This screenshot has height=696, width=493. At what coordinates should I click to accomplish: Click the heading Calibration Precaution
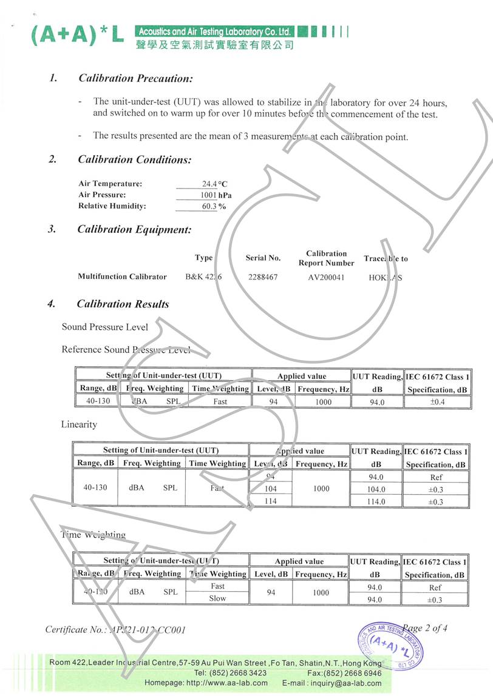[x=135, y=78]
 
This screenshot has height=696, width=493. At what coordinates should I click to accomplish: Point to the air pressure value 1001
[x=208, y=195]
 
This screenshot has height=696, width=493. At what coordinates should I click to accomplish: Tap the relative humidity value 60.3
[x=208, y=206]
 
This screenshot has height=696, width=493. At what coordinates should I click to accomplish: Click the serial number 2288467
[x=263, y=277]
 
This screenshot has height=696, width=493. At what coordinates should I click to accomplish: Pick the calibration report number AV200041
[x=326, y=277]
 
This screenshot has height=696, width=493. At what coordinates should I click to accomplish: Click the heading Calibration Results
[x=123, y=304]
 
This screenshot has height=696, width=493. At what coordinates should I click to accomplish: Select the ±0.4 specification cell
[x=436, y=402]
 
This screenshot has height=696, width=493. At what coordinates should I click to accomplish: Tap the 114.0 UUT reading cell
[x=376, y=502]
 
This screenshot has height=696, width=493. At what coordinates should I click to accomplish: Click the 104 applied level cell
[x=271, y=489]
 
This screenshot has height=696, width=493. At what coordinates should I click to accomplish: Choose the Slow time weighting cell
[x=217, y=598]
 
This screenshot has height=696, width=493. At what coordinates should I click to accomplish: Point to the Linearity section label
[x=79, y=424]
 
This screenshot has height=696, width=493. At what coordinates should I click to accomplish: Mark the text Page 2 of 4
[x=425, y=628]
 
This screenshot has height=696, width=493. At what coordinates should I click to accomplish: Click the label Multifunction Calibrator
[x=122, y=277]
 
